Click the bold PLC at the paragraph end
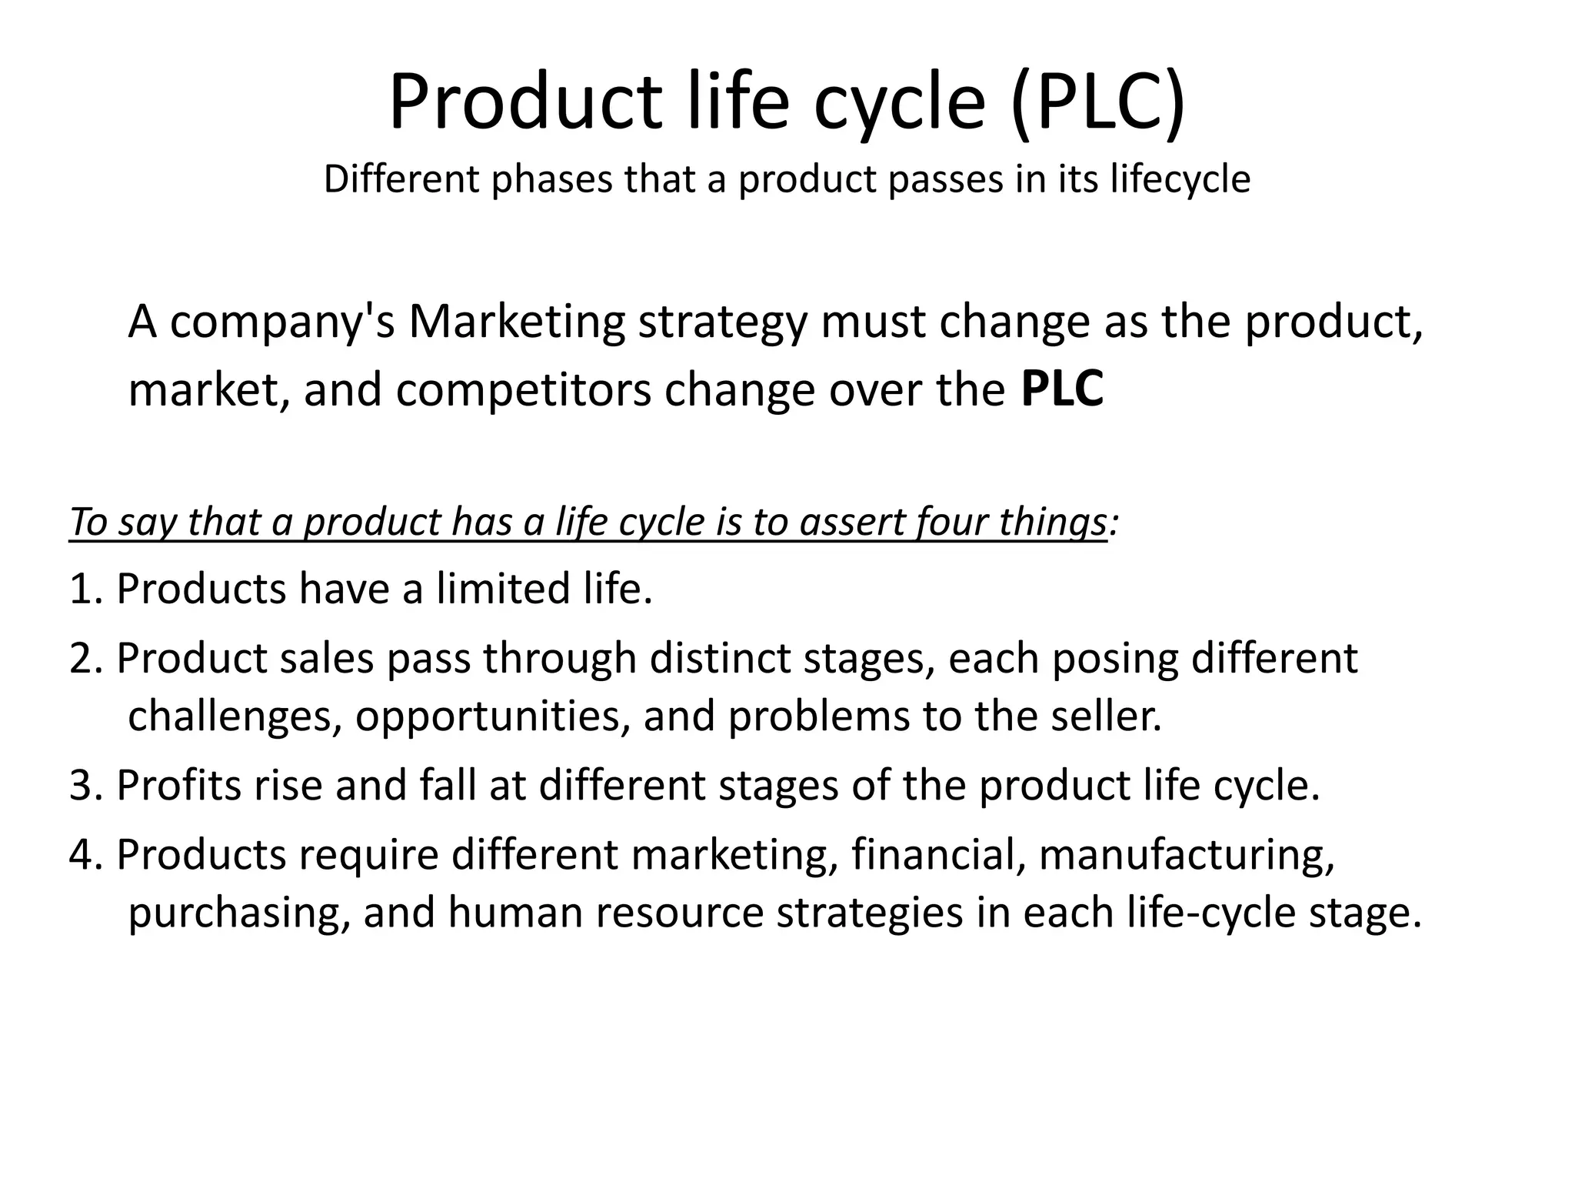(1062, 389)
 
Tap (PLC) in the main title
(1097, 102)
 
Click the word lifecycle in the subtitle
(1180, 180)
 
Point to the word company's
(282, 322)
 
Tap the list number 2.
(82, 659)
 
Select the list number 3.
(82, 786)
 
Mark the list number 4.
(82, 855)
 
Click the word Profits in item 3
(179, 786)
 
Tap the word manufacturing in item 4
(1186, 855)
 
